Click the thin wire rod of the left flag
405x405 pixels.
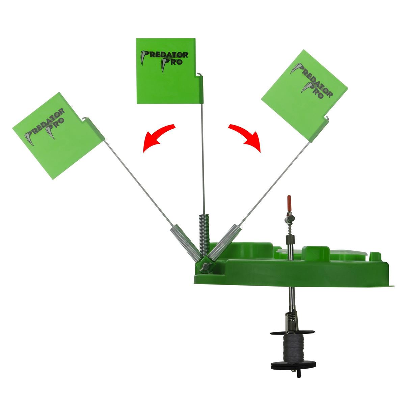[x=139, y=183]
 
